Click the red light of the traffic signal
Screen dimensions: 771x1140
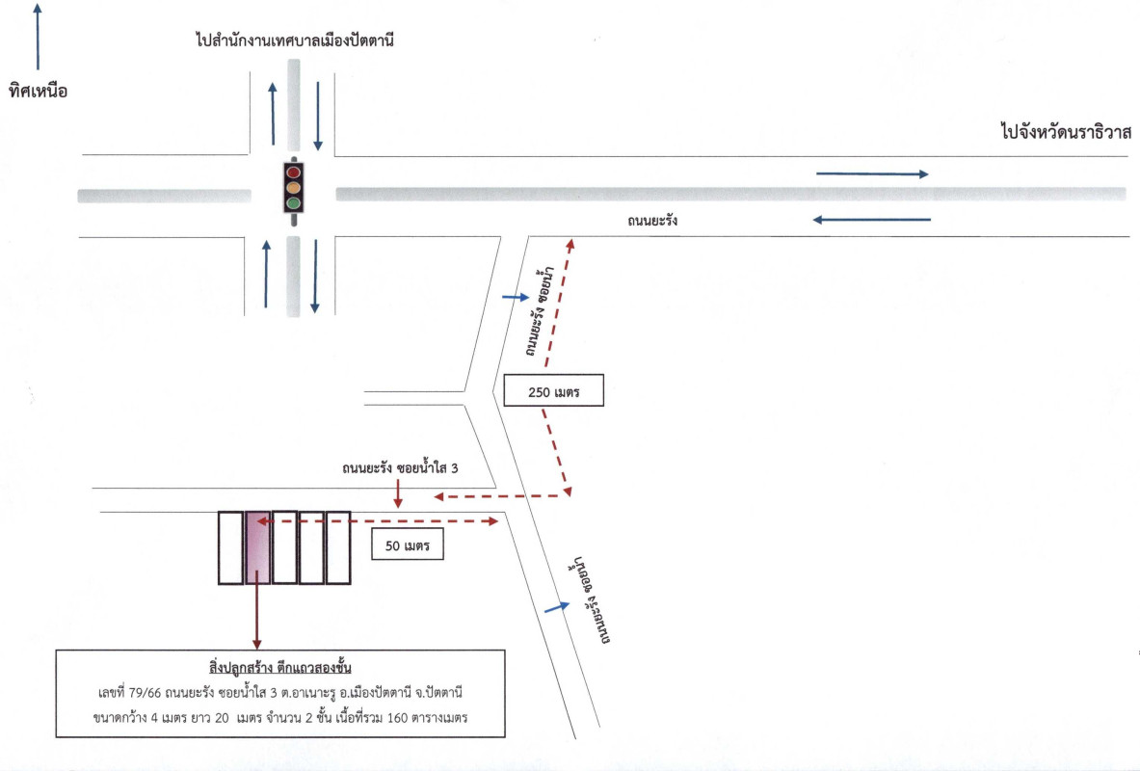tap(292, 172)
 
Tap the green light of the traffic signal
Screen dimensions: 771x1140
tap(292, 203)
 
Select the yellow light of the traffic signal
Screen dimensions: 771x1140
tap(292, 187)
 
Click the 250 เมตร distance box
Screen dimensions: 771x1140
tap(554, 391)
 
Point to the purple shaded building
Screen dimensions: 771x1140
tap(257, 547)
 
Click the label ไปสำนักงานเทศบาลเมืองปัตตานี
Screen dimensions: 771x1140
tap(294, 41)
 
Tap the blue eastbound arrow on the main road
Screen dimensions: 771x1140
tap(872, 174)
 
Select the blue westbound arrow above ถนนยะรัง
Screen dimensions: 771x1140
tap(872, 220)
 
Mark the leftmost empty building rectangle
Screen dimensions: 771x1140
tap(230, 547)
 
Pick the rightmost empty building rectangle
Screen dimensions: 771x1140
tap(337, 547)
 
